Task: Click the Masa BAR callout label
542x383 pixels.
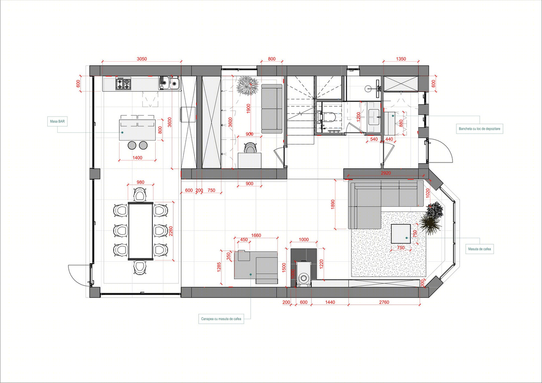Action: coord(57,121)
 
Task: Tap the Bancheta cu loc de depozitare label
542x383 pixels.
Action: coord(479,129)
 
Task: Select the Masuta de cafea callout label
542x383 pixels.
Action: coord(479,249)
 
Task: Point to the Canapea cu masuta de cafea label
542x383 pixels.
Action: coord(221,319)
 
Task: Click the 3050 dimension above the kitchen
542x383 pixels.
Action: coord(142,59)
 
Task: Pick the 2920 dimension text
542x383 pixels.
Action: coord(386,173)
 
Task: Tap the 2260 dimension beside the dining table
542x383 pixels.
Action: coord(171,231)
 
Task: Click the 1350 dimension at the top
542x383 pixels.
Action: coord(401,59)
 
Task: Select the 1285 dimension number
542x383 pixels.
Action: coord(219,267)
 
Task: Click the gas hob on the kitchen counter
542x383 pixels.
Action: coord(123,84)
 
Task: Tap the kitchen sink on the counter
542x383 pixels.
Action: coord(169,83)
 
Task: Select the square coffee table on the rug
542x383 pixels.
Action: coord(401,233)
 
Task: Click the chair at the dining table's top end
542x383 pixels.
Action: coord(140,194)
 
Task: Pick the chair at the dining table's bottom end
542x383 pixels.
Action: coord(140,267)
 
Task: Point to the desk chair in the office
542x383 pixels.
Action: coord(250,148)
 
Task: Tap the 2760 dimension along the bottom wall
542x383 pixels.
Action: coord(384,302)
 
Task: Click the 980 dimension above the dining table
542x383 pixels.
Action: coord(140,182)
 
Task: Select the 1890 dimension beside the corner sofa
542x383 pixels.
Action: coord(333,205)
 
